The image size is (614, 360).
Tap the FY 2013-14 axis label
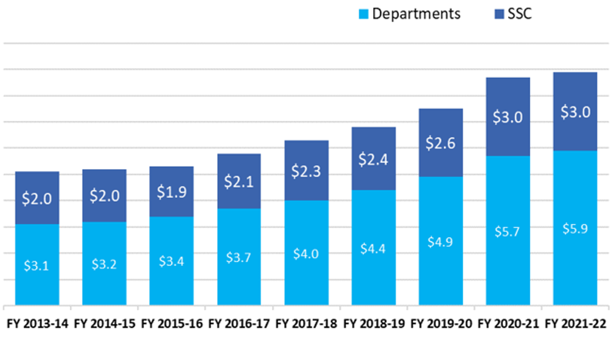point(38,324)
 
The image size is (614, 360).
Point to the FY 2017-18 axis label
point(306,324)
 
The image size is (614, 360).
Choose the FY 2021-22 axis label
point(575,324)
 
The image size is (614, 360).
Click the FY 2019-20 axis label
point(440,324)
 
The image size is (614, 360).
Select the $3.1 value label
point(37,266)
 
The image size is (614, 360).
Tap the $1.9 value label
point(172,192)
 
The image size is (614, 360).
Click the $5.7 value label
point(508,231)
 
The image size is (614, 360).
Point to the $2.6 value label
point(441,143)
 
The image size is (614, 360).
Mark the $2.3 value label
point(306,171)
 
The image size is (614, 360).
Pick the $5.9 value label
point(575,228)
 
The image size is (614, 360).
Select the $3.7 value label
point(239,257)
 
